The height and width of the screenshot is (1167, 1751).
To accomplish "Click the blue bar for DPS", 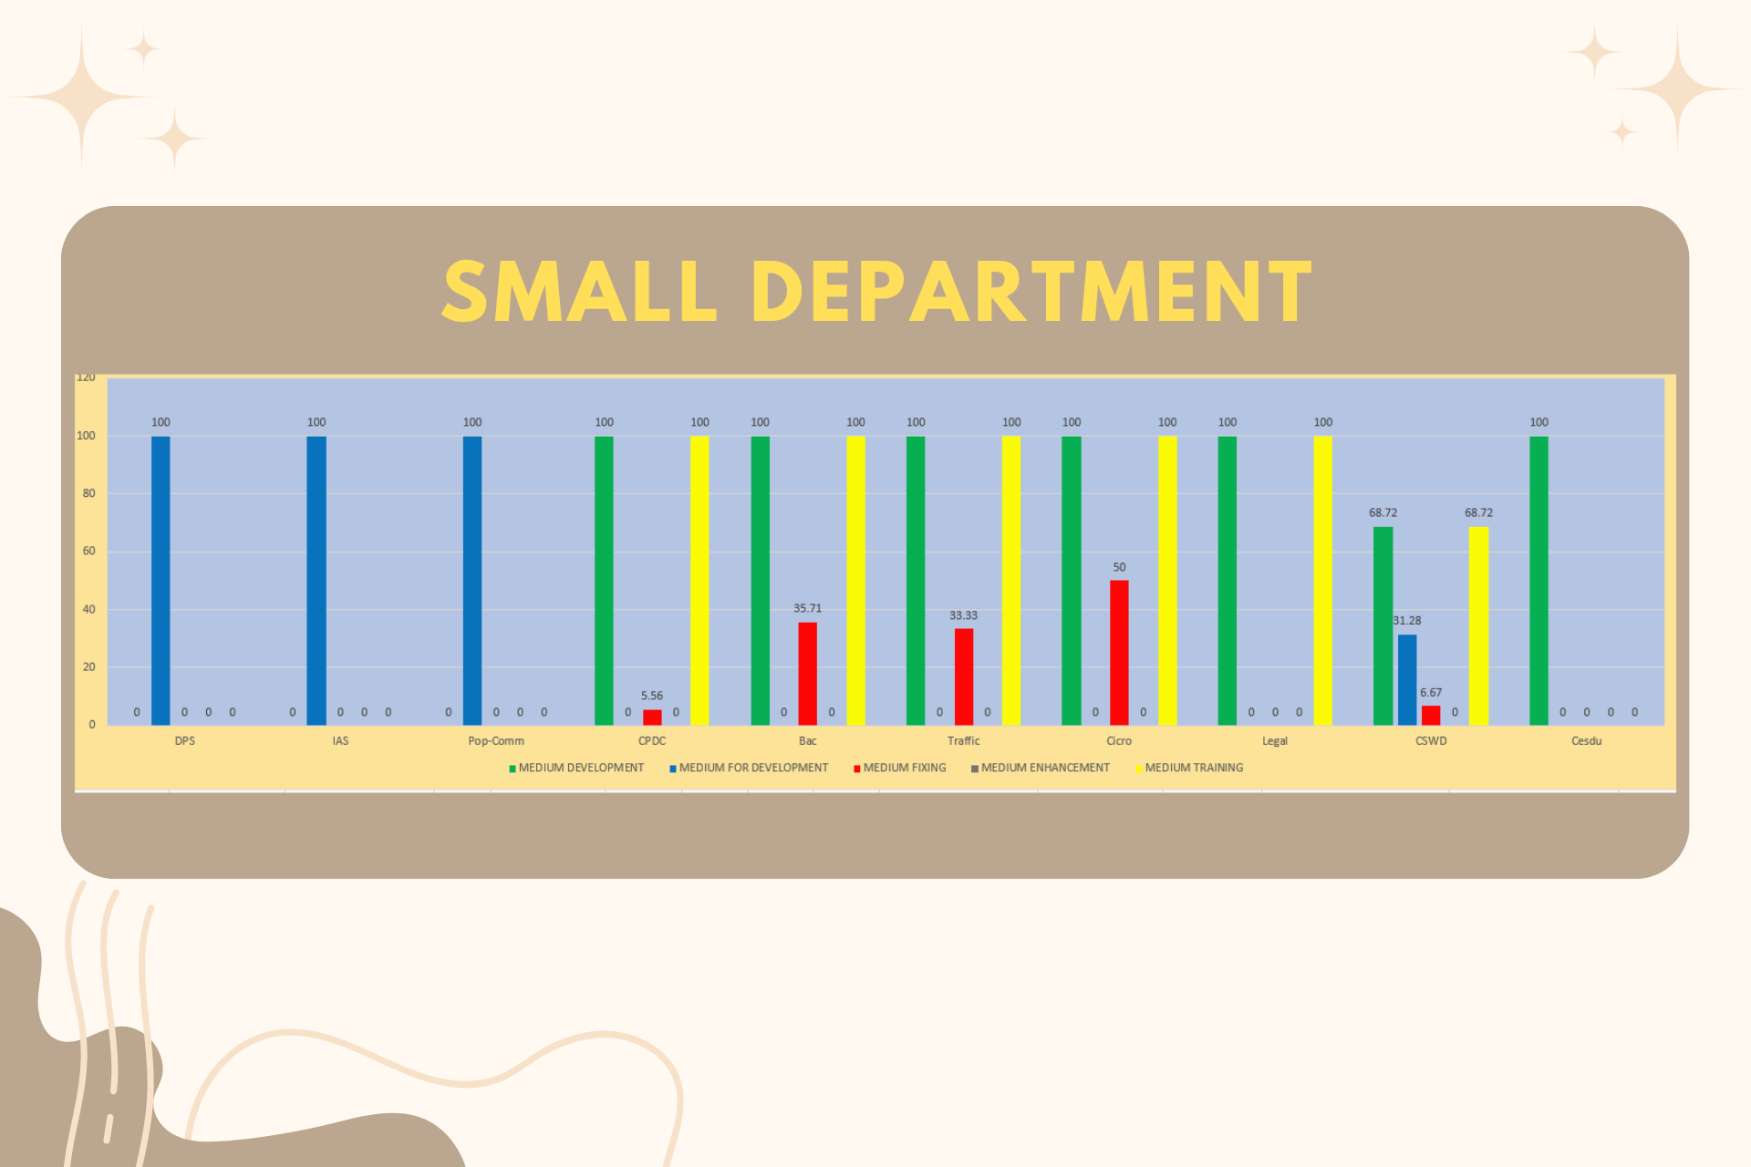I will [161, 580].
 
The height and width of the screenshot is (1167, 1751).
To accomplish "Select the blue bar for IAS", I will [316, 580].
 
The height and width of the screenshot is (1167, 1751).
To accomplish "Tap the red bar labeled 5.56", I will [652, 718].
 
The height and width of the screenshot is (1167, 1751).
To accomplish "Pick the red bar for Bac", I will [807, 674].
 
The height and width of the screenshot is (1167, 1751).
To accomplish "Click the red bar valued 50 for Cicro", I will [1119, 653].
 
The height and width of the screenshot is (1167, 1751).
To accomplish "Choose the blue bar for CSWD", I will [1407, 680].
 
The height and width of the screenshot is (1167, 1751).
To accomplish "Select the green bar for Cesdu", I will [1539, 580].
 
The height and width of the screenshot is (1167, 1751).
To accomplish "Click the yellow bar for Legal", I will [1322, 580].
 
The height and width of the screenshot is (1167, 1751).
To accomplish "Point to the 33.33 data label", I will [963, 615].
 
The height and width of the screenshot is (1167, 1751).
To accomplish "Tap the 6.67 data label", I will [1431, 693].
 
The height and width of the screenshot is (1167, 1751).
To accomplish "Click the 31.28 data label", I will [1406, 621].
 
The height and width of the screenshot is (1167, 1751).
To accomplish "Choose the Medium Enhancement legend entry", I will [1041, 768].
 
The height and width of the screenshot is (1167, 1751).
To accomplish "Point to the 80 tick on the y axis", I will [88, 493].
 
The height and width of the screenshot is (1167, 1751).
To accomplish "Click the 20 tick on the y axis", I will [88, 667].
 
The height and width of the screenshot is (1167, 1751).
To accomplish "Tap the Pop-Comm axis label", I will [496, 741].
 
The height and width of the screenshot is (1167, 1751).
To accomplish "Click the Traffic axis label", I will [963, 741].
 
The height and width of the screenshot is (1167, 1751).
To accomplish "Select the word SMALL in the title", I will [580, 292].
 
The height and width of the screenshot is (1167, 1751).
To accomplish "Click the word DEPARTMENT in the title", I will [1032, 292].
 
